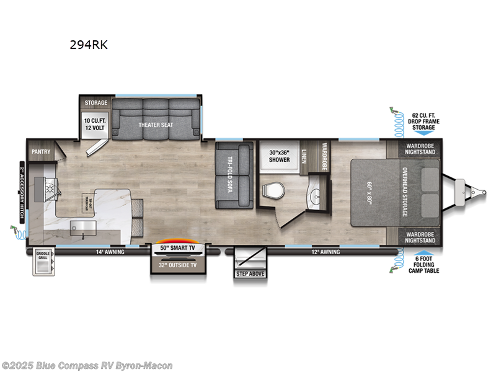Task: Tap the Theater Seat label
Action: [156, 125]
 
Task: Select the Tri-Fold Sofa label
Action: [229, 175]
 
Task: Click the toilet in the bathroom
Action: [270, 190]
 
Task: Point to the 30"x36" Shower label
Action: [280, 155]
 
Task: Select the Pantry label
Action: [41, 151]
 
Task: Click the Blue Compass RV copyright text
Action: [87, 366]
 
